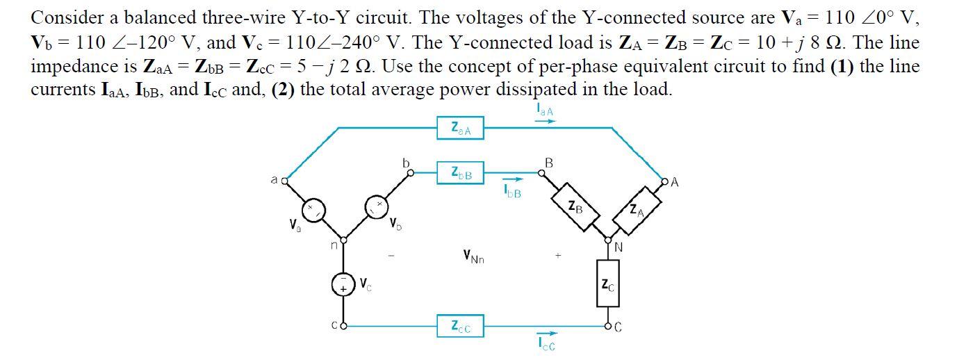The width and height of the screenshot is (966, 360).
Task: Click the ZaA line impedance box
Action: tap(461, 129)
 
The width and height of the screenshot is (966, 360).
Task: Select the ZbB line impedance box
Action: tap(461, 173)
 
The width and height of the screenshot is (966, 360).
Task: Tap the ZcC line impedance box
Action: tap(461, 326)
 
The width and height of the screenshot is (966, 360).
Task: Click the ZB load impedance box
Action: tap(575, 206)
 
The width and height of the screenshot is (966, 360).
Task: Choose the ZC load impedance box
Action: tap(607, 284)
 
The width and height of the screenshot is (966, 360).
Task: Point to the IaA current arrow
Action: tap(546, 121)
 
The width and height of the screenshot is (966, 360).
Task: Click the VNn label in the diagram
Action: tap(473, 257)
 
